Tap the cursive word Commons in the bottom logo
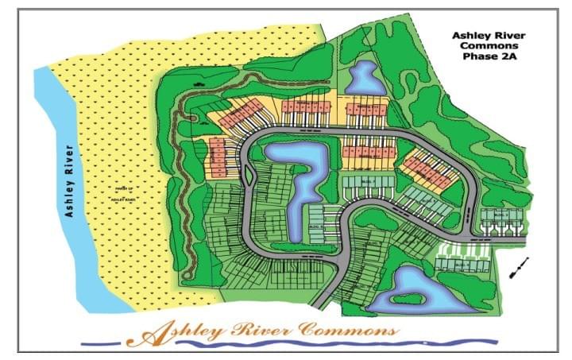pos(350,328)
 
